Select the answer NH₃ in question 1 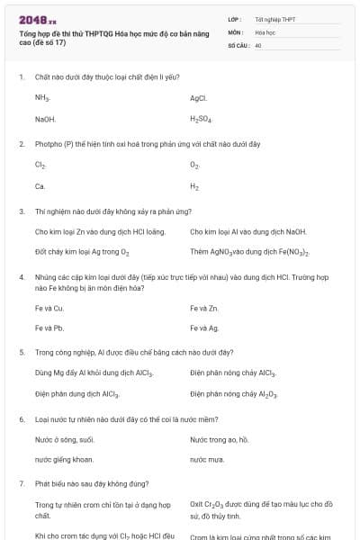(x=42, y=97)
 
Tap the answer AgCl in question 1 (x=198, y=97)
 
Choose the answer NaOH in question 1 (x=45, y=119)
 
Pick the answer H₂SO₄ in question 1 (x=201, y=119)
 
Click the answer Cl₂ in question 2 (x=40, y=166)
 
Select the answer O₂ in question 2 (x=194, y=166)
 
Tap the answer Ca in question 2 (x=40, y=187)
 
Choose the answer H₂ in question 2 (x=194, y=187)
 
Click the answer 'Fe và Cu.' (x=49, y=308)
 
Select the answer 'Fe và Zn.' (x=204, y=308)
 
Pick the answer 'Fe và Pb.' (x=49, y=328)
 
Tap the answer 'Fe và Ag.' (x=204, y=328)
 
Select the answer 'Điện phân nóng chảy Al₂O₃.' (x=233, y=394)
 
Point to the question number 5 (x=22, y=352)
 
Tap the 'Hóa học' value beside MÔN (x=265, y=31)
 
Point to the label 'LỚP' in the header (x=235, y=19)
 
